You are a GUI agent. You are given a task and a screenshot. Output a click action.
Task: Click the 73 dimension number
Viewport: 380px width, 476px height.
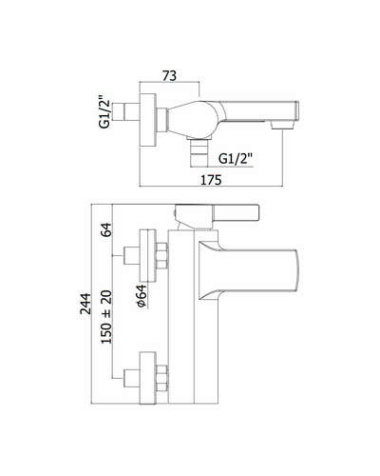point(169,76)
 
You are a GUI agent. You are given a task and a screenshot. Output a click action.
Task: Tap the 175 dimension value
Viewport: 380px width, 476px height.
point(211,180)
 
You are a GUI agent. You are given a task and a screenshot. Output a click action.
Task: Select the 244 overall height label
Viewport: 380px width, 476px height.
point(85,304)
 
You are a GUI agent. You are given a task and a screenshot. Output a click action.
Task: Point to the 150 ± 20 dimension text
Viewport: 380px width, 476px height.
point(106,317)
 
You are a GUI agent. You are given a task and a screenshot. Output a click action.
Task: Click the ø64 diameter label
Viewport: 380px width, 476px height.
point(142,295)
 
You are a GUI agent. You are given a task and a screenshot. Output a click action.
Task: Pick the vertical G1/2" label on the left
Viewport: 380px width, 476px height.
point(104,111)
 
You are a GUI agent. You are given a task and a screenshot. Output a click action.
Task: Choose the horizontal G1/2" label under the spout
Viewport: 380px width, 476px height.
point(236,158)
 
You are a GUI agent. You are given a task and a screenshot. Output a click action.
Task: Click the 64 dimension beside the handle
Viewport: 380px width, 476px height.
point(106,229)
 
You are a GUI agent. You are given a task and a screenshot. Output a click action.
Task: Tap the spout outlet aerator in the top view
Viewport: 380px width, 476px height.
point(281,126)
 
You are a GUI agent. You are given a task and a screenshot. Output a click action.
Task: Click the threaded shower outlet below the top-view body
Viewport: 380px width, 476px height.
point(199,152)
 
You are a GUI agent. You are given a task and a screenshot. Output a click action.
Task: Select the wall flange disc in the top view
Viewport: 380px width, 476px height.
point(148,120)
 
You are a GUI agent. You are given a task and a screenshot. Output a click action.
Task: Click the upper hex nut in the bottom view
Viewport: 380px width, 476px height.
point(161,256)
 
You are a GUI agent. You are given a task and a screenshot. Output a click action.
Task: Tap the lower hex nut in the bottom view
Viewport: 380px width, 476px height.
point(161,378)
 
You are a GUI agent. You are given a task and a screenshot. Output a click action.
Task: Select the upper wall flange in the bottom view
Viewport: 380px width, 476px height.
point(148,256)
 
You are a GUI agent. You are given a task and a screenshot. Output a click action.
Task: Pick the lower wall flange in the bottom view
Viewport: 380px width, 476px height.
point(148,378)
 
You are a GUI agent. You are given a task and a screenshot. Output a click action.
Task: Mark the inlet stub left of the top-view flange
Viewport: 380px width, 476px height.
point(131,111)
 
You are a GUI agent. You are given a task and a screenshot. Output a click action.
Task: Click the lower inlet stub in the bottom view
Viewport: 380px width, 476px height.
point(131,378)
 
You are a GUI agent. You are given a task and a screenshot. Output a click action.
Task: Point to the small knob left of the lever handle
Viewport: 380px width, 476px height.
point(174,213)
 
